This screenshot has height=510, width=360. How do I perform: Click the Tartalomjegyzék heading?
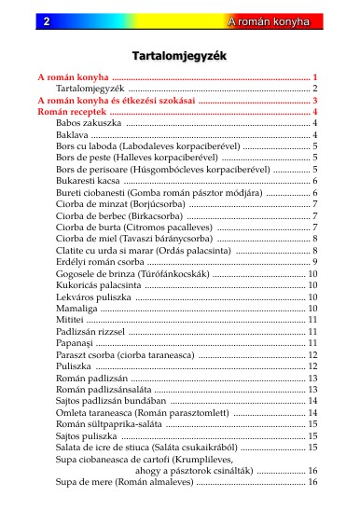tap(179, 56)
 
